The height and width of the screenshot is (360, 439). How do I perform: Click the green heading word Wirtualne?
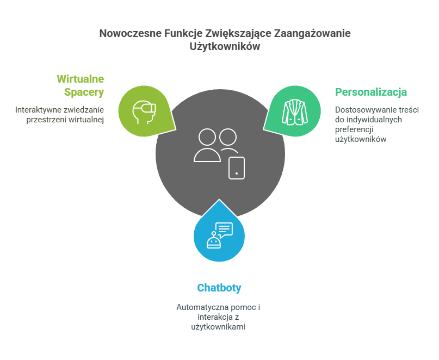(x=80, y=79)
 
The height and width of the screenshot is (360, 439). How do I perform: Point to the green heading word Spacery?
(x=84, y=92)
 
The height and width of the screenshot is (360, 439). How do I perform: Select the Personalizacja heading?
(x=370, y=92)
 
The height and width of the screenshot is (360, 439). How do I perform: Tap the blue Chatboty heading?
(x=219, y=288)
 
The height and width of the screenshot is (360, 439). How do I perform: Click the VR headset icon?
(x=144, y=111)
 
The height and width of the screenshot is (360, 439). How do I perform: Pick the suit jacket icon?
(x=294, y=111)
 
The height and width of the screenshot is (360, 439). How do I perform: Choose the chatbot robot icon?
(x=213, y=240)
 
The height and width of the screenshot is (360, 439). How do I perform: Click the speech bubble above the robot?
(x=224, y=229)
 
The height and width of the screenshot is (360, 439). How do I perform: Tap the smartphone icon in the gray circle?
(x=237, y=167)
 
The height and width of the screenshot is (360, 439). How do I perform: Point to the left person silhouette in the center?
(x=207, y=145)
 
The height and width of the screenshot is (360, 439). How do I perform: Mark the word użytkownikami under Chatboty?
(x=219, y=327)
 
